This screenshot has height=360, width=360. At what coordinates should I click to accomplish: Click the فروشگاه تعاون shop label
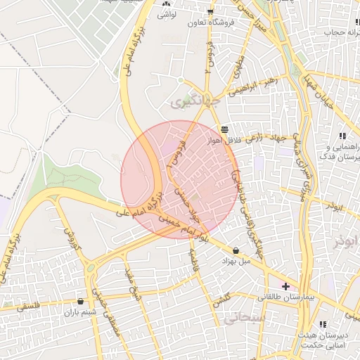205,22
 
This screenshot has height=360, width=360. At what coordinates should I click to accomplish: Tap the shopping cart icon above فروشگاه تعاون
210,12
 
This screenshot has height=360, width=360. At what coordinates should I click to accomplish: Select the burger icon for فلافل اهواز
224,129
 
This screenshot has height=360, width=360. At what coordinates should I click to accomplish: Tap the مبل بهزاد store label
236,261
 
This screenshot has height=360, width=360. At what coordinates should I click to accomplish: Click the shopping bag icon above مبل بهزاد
235,250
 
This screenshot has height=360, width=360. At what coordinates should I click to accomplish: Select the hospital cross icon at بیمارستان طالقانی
285,286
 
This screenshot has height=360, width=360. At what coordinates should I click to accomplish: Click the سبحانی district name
244,319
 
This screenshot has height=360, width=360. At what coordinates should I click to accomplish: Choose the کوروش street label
70,239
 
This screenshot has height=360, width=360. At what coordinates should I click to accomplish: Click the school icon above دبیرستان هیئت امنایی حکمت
322,323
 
